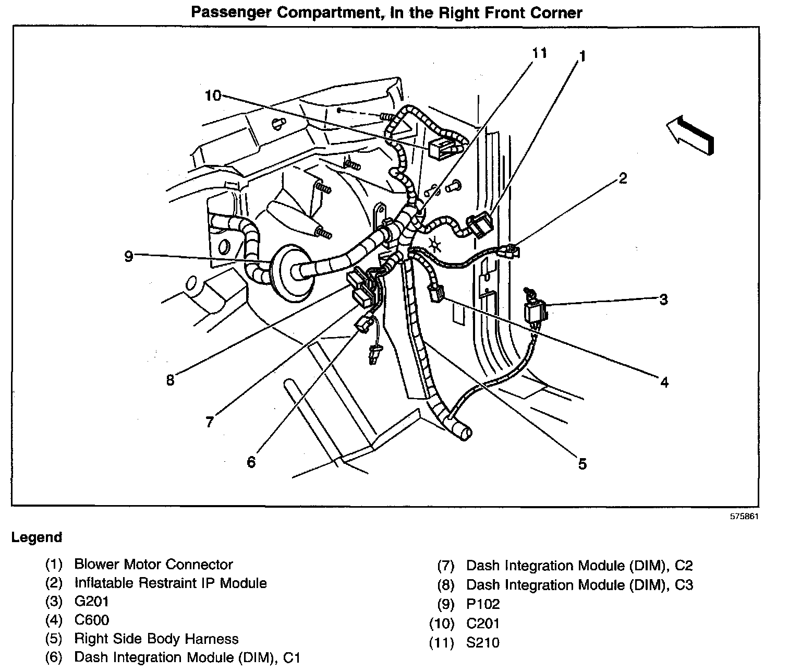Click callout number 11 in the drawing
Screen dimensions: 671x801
tap(539, 53)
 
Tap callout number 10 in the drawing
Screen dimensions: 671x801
tap(213, 95)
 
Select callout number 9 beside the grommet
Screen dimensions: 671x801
tap(129, 256)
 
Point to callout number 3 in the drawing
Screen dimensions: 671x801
tap(663, 299)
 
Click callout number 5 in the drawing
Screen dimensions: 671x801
tap(582, 463)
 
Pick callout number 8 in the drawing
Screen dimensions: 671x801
tap(170, 380)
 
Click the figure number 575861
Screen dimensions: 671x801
tap(744, 517)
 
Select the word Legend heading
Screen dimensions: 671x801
tap(37, 537)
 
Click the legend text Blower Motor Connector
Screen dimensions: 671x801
tap(153, 565)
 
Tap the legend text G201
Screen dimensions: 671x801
tap(92, 602)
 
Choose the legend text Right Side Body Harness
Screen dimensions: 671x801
tap(156, 639)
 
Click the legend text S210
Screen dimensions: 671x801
tap(483, 643)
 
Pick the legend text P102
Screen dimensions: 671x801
tap(483, 604)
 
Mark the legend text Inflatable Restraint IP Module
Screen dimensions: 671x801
tap(171, 583)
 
